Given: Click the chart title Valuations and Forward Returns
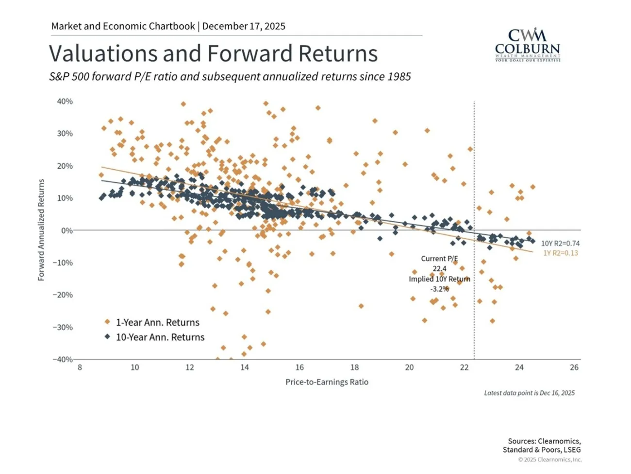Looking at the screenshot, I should tap(213, 53).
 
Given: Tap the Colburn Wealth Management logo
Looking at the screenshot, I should tap(527, 45).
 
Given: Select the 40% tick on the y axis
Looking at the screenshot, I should tap(65, 102).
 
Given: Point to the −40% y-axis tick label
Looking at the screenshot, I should tap(63, 359).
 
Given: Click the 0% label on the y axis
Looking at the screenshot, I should tap(66, 230).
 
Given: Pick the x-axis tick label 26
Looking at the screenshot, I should tap(574, 368).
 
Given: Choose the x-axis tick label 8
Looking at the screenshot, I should tap(80, 368).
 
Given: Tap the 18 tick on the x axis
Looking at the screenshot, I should tap(354, 368).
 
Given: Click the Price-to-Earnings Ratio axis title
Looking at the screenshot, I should tap(327, 382).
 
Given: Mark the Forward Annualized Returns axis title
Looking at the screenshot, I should tap(41, 230).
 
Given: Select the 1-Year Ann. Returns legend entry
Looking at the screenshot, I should tap(157, 322).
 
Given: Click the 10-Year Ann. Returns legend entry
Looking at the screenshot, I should tap(160, 337).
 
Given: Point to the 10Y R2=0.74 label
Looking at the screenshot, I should tap(560, 244).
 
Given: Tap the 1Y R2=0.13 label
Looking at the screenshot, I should tap(560, 253).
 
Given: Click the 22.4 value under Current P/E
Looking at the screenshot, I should tap(440, 268).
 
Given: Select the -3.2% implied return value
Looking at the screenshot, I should tap(439, 289).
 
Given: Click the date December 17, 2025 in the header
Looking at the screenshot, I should tap(244, 26).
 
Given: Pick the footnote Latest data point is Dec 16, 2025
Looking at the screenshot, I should tap(529, 393).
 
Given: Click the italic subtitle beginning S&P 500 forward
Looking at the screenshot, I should tap(230, 77).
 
